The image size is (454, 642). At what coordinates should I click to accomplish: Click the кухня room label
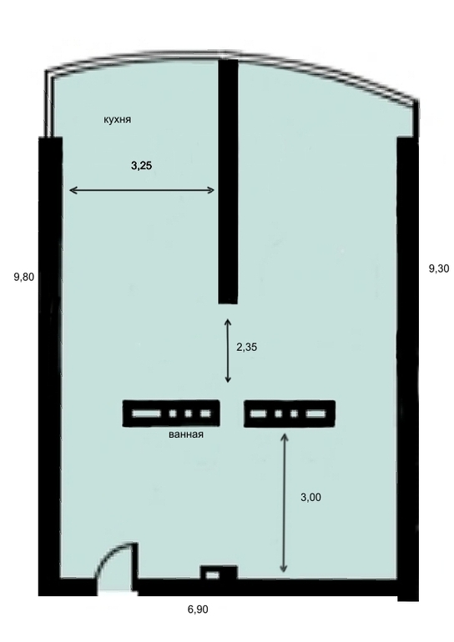click(117, 119)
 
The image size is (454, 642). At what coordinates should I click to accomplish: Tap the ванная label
click(186, 434)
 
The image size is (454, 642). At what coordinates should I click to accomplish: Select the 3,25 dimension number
click(141, 165)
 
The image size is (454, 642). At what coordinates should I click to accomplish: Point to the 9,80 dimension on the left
click(23, 277)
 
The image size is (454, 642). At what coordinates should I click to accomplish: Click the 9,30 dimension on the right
click(439, 268)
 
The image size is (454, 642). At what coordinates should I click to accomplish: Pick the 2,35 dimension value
click(247, 347)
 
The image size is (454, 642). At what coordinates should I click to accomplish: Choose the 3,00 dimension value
click(310, 498)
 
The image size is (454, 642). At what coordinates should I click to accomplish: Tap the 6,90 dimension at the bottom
click(198, 609)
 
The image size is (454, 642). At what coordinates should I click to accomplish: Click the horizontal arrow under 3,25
click(142, 190)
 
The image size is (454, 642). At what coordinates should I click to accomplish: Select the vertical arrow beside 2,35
click(228, 350)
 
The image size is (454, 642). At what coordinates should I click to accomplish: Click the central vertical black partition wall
click(228, 182)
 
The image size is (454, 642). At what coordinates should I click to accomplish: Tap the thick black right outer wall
click(408, 369)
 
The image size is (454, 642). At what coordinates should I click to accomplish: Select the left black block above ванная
click(171, 414)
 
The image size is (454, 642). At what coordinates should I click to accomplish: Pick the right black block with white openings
click(290, 414)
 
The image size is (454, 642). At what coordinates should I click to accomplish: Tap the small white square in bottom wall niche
click(212, 575)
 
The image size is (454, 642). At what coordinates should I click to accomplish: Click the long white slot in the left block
click(146, 414)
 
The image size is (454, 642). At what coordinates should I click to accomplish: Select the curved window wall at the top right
click(328, 76)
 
